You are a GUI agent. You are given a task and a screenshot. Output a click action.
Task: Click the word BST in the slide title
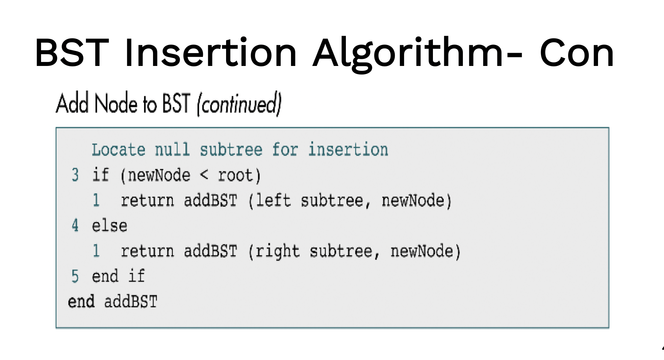72,53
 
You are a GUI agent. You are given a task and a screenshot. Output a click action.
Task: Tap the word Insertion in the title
211,52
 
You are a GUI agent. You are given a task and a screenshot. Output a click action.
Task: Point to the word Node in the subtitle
116,104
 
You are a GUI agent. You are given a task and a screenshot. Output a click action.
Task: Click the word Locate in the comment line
118,149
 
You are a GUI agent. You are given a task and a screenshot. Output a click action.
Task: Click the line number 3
75,175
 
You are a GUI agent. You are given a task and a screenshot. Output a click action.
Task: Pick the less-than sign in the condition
204,175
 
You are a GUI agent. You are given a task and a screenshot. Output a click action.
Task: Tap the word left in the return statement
274,200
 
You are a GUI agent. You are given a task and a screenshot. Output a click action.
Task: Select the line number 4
75,225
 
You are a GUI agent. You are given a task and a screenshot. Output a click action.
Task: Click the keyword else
109,226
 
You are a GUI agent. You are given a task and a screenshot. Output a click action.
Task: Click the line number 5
75,276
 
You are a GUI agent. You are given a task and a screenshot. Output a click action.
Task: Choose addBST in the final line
131,302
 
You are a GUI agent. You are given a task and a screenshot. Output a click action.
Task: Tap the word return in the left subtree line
147,200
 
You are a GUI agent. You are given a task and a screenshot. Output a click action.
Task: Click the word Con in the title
577,53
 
